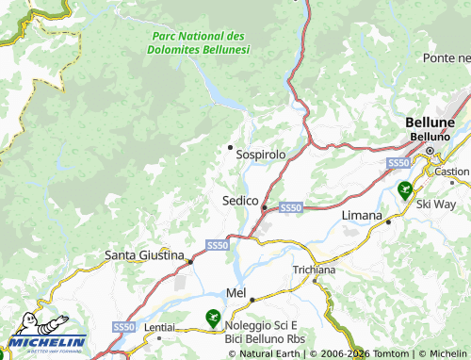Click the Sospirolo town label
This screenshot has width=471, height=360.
[261, 154]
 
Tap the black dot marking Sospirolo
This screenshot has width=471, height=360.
[230, 147]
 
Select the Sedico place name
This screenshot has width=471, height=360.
[240, 201]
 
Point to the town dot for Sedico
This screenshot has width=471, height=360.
[265, 206]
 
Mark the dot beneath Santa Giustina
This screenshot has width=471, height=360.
[190, 262]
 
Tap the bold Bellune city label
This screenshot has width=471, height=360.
[430, 123]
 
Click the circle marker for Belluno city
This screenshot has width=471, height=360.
[431, 150]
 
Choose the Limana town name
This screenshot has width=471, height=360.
[361, 217]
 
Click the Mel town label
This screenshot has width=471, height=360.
[235, 293]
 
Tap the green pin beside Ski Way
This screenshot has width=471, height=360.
[404, 190]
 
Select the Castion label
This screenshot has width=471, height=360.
[453, 172]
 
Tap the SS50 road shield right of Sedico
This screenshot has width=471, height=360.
[290, 206]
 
